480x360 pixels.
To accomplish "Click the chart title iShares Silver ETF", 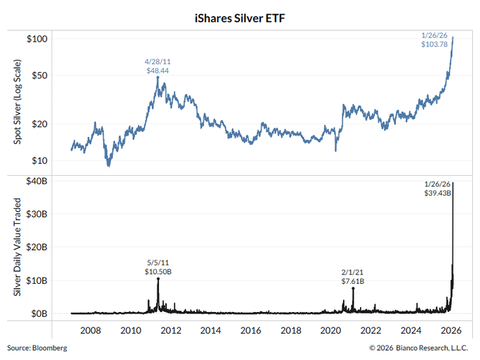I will click(239, 12).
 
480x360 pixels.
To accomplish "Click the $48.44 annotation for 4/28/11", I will click(157, 71).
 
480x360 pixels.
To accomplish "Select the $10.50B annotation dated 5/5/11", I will click(159, 272).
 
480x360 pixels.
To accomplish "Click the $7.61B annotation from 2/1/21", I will click(352, 281).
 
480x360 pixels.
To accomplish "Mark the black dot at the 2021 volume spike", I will click(353, 288).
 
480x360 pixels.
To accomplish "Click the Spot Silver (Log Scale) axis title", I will click(16, 104).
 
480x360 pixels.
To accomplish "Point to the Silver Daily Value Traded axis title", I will click(16, 247).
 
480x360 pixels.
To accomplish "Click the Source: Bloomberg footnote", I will click(37, 348).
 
